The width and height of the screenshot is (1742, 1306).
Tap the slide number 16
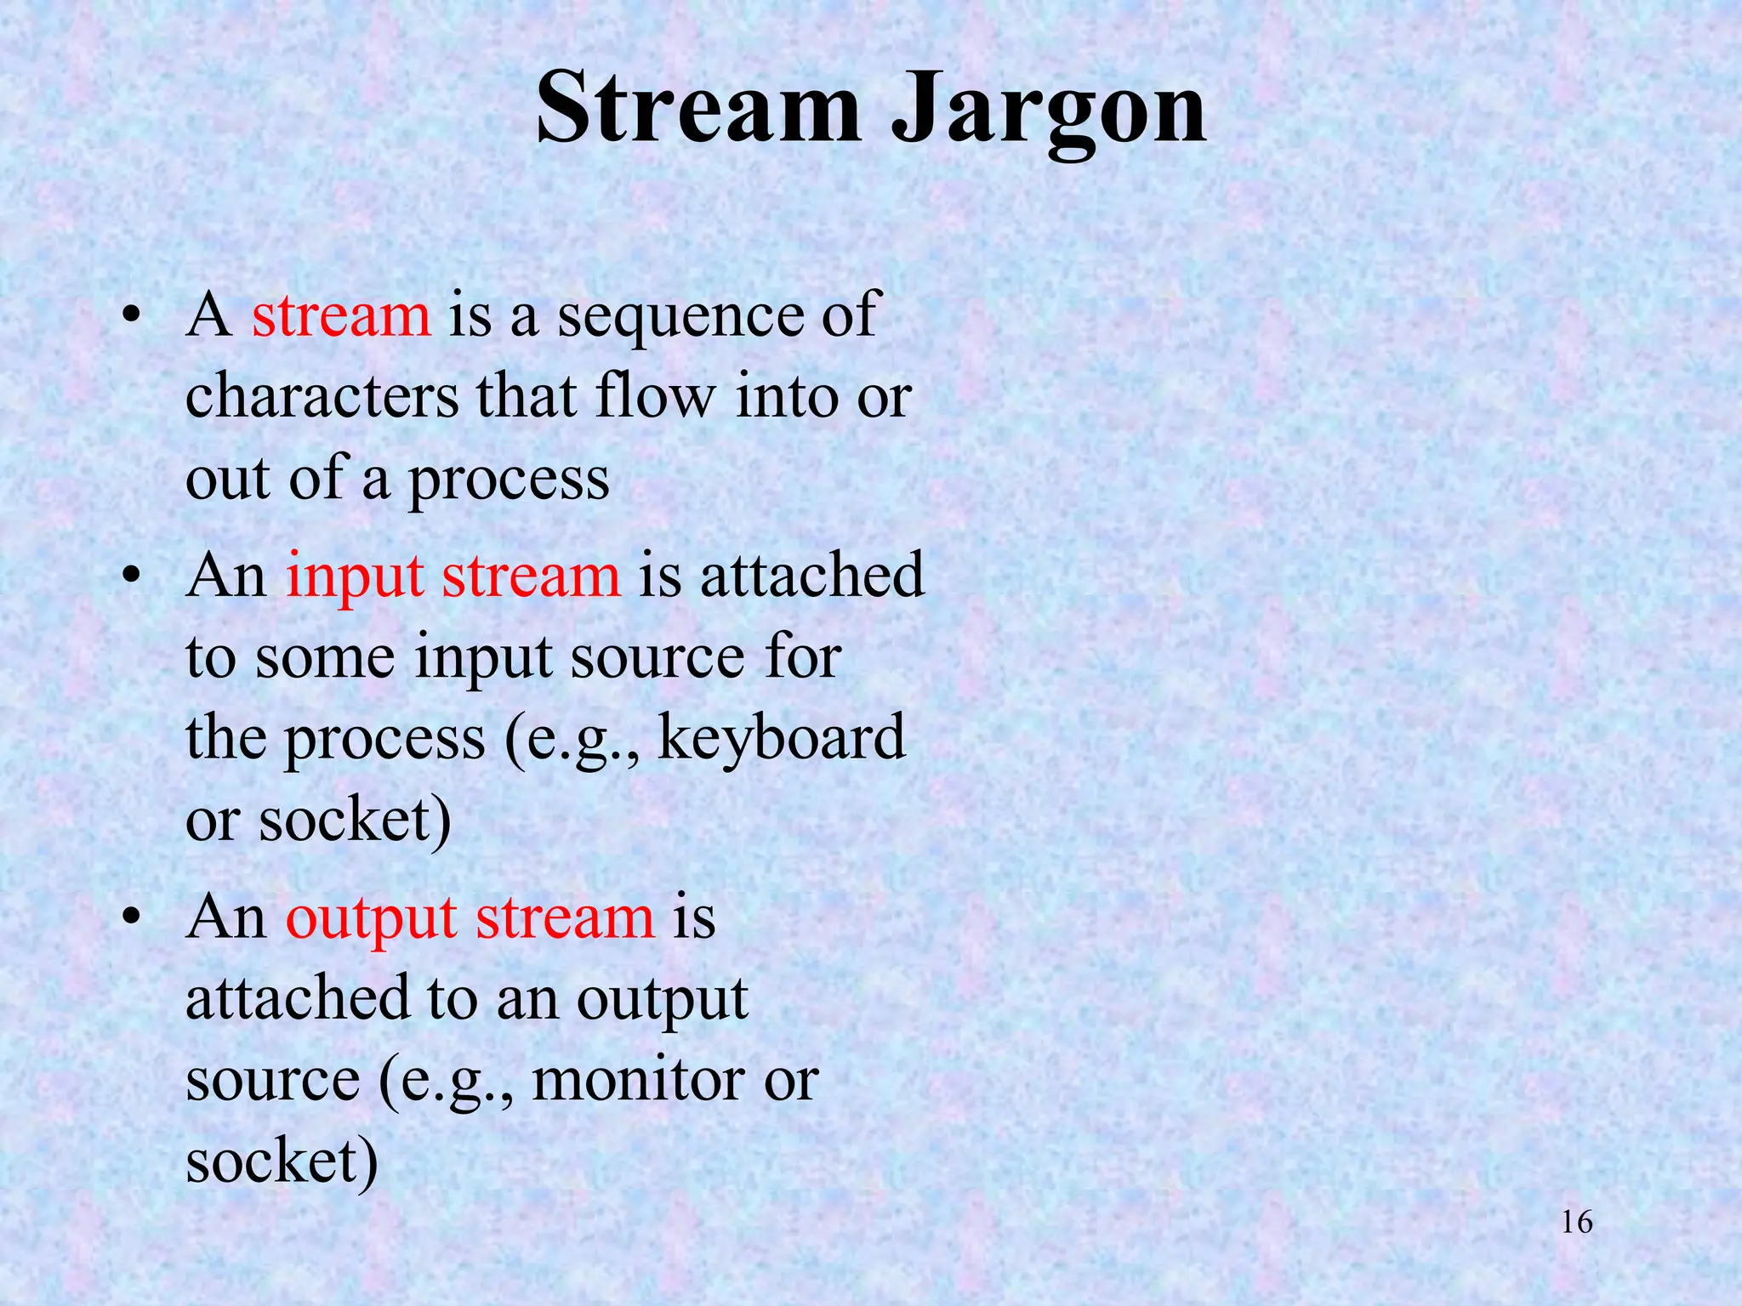pos(1577,1223)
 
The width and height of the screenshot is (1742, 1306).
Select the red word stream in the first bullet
pos(341,315)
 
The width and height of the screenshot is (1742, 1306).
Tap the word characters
pos(322,397)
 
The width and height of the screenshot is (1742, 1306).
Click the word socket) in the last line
pos(282,1162)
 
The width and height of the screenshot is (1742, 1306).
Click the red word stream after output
pos(565,919)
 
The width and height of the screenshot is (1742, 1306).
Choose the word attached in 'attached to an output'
pos(298,998)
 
